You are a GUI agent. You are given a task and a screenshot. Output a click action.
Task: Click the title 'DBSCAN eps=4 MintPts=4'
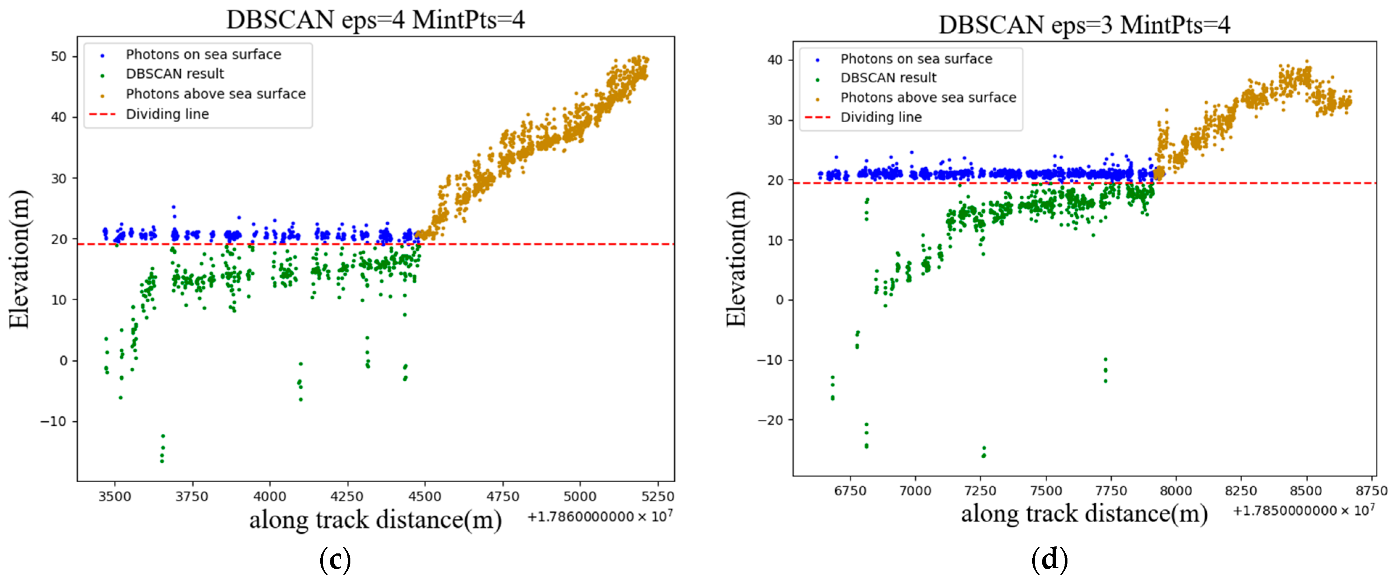(375, 20)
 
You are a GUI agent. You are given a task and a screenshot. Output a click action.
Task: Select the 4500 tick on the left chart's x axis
(425, 496)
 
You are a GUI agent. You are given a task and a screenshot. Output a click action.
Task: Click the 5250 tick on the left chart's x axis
(658, 496)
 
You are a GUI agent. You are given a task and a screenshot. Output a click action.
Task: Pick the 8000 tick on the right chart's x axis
(1176, 491)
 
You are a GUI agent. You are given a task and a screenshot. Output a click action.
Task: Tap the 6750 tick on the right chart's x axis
(850, 491)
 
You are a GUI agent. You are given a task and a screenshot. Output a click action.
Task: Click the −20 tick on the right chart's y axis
(770, 420)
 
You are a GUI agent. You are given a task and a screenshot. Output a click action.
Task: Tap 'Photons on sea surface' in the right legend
(916, 58)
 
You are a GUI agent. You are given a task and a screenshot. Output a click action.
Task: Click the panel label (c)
(335, 560)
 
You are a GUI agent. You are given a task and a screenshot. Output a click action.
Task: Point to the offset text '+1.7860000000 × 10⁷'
(600, 516)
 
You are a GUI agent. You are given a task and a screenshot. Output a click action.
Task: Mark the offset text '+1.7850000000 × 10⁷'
(1304, 510)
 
